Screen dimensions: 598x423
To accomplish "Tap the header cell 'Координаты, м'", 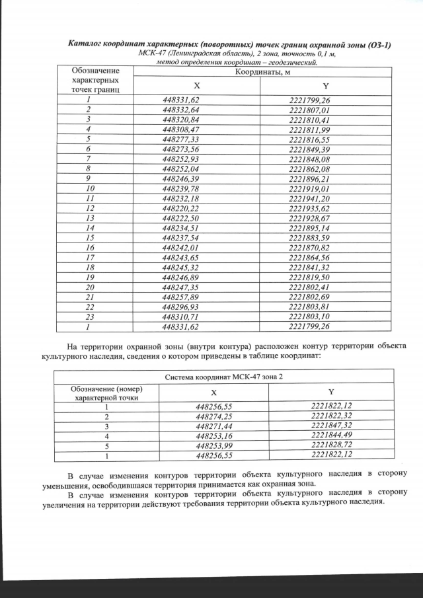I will point(259,71).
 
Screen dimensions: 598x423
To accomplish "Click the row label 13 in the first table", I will point(87,218).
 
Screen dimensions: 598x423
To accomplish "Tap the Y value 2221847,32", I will point(332,427).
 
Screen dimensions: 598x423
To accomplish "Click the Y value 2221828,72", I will point(332,446).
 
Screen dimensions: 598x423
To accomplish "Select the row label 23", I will point(87,317).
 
